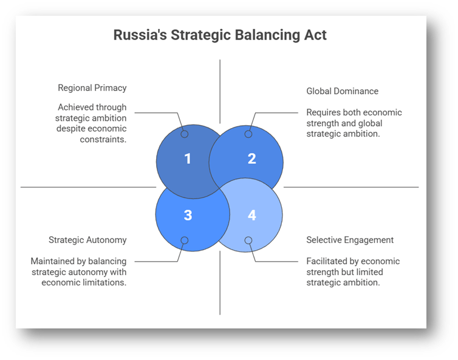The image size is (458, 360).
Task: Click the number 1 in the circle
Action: tap(188, 159)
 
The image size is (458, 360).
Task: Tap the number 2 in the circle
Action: tap(251, 159)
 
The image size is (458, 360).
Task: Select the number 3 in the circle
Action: tap(188, 215)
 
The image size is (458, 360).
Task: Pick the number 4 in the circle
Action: tap(251, 215)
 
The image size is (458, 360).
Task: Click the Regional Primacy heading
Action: tap(92, 88)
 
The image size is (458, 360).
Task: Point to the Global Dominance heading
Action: tap(342, 91)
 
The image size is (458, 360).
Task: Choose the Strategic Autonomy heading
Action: tap(87, 240)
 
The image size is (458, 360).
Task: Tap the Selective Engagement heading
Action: tap(350, 240)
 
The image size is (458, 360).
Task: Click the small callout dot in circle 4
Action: tap(248, 240)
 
